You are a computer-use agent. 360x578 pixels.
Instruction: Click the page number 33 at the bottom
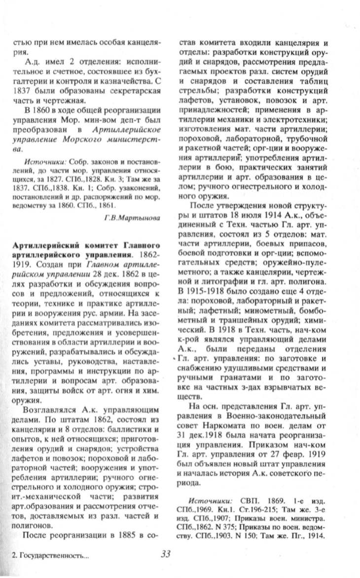pos(165,553)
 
